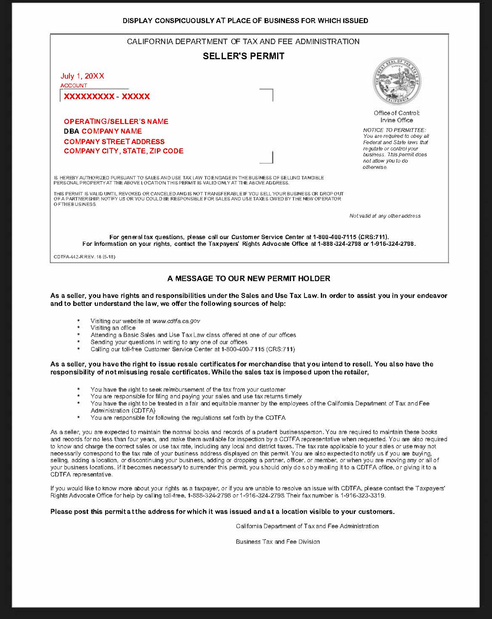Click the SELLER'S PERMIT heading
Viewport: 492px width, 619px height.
pyautogui.click(x=243, y=56)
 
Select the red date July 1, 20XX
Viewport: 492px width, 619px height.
pyautogui.click(x=82, y=76)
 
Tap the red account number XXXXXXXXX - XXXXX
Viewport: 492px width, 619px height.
pyautogui.click(x=107, y=97)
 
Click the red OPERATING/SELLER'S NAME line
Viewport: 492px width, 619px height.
pyautogui.click(x=116, y=121)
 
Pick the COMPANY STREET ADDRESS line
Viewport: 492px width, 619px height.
pyautogui.click(x=114, y=142)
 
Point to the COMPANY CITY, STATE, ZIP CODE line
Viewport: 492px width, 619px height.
pyautogui.click(x=124, y=151)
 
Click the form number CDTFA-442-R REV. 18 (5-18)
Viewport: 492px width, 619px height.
pyautogui.click(x=85, y=257)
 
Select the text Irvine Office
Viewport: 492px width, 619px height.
pyautogui.click(x=397, y=120)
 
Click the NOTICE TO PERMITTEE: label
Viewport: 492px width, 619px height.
pyautogui.click(x=394, y=130)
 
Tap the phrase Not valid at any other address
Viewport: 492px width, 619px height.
pyautogui.click(x=385, y=216)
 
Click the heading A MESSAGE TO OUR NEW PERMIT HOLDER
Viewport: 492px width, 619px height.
pyautogui.click(x=249, y=278)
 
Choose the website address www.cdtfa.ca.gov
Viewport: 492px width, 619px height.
pyautogui.click(x=176, y=321)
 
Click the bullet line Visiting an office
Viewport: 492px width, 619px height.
pyautogui.click(x=113, y=328)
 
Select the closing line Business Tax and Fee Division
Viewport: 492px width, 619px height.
pyautogui.click(x=278, y=542)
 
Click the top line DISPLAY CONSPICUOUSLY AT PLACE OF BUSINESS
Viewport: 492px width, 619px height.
pyautogui.click(x=245, y=21)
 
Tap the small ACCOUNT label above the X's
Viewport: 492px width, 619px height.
pyautogui.click(x=74, y=86)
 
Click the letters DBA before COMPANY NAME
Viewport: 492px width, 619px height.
pyautogui.click(x=71, y=131)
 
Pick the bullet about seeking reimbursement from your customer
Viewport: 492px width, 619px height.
pyautogui.click(x=188, y=390)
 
